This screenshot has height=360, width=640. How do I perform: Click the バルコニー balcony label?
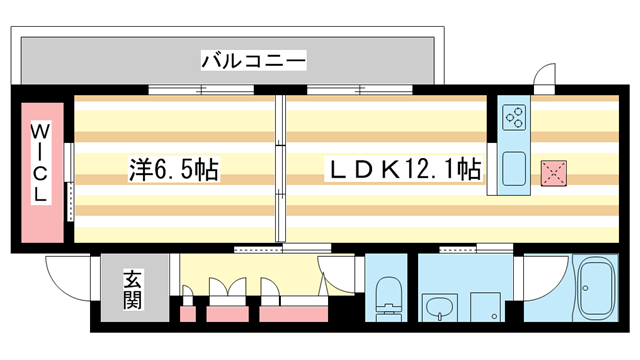tap(253, 60)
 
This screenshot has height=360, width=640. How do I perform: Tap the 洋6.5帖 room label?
tap(173, 171)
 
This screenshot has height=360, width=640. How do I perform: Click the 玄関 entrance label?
tap(131, 287)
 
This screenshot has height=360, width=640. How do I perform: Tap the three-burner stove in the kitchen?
tap(515, 117)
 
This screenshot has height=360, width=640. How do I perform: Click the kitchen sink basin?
tap(515, 169)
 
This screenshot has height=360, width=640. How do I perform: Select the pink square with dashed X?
tap(552, 173)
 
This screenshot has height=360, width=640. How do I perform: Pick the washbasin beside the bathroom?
tap(437, 307)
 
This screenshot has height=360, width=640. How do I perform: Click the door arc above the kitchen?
tap(543, 76)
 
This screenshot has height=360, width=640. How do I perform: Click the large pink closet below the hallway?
tap(292, 313)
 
